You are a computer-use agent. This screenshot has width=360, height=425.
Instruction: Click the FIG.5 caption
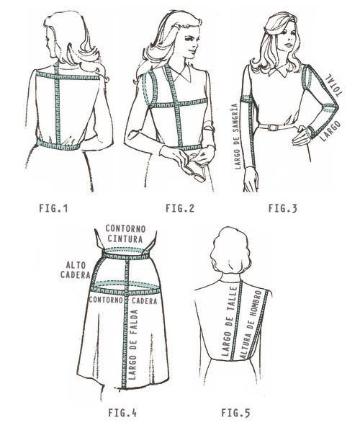[235, 413]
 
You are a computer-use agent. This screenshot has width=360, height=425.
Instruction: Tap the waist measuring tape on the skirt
[126, 252]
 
